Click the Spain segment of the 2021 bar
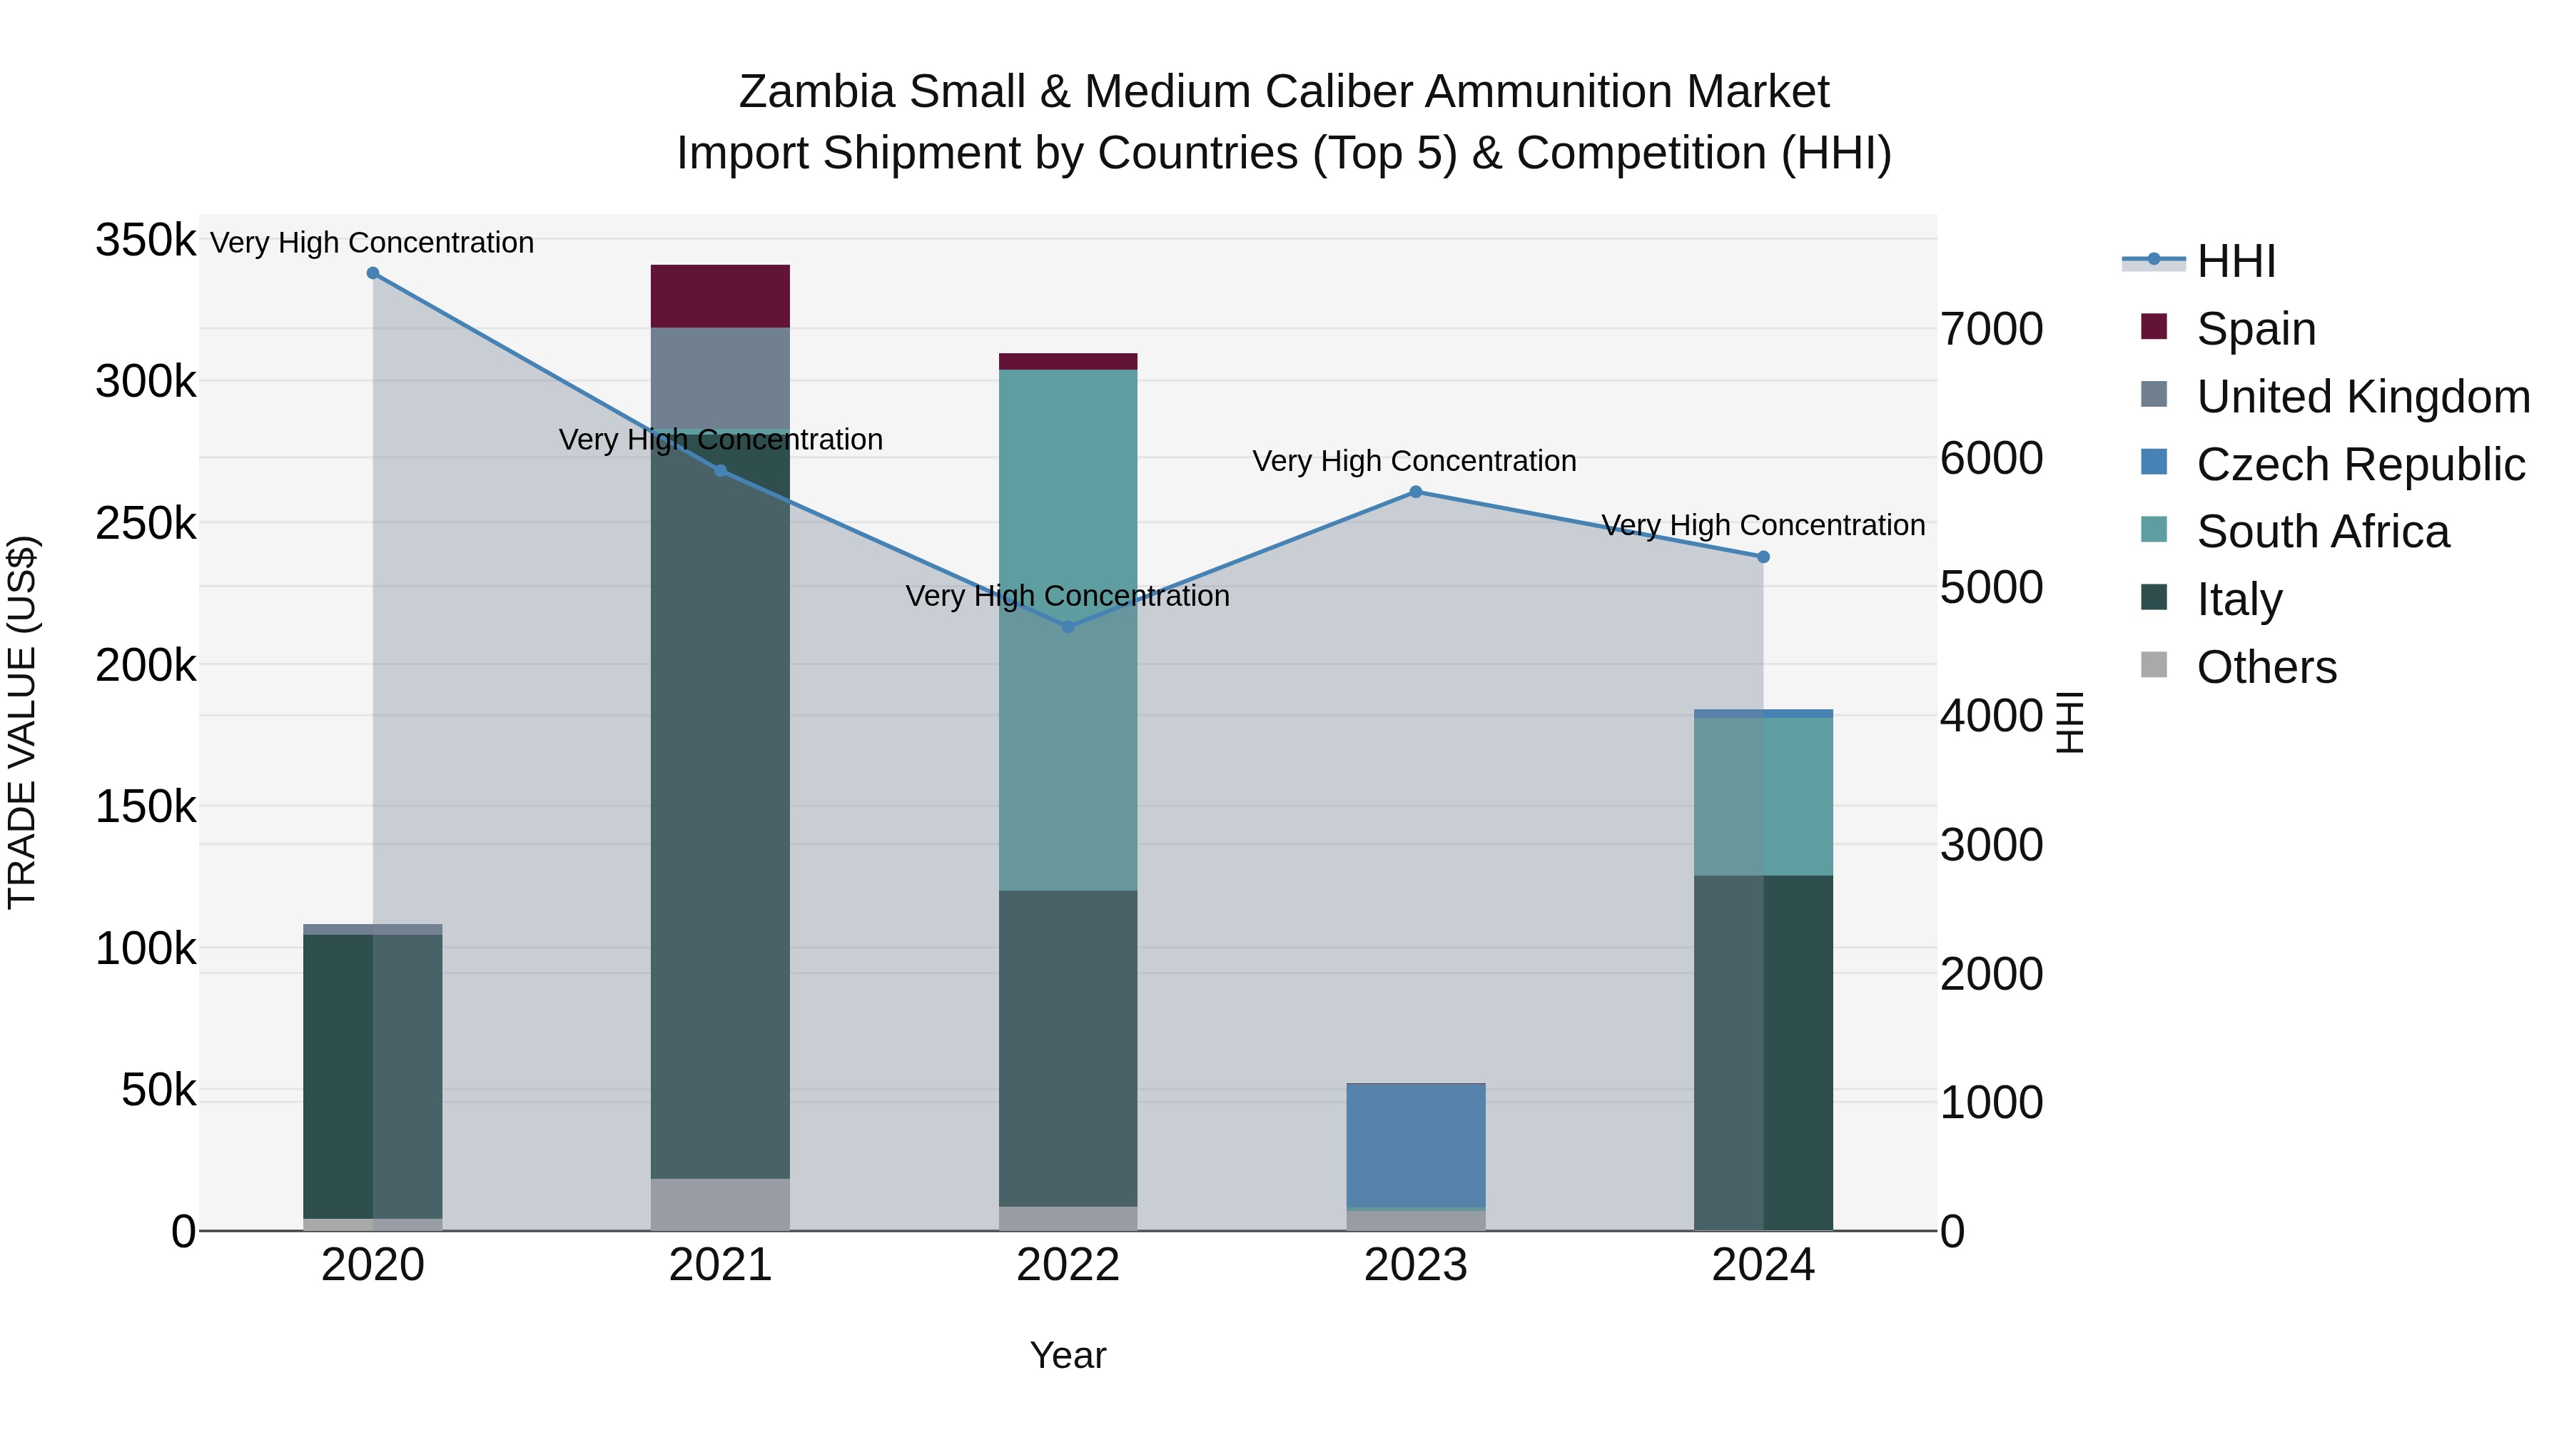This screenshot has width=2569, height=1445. click(x=720, y=296)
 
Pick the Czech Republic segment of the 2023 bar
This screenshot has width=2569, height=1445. click(x=1415, y=1145)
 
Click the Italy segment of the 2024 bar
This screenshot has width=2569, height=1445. click(x=1763, y=1052)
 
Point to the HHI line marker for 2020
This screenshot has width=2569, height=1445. click(x=373, y=273)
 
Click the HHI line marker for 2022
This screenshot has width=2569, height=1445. click(x=1068, y=627)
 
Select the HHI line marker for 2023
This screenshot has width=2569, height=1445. click(x=1415, y=492)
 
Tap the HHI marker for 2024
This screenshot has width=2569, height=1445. click(x=1763, y=557)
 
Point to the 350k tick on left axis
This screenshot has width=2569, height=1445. click(x=146, y=240)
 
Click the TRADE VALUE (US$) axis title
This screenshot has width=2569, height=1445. click(x=22, y=722)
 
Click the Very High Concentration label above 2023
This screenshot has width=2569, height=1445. click(x=1414, y=462)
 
